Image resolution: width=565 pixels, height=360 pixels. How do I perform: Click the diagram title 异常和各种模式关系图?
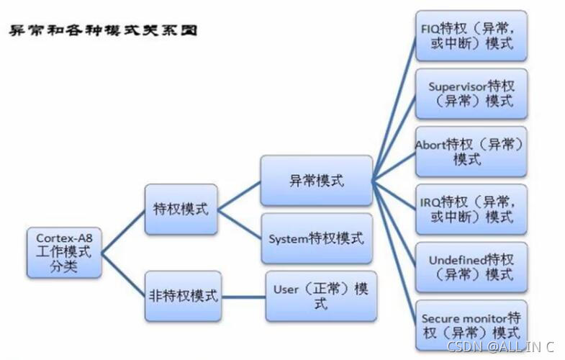[x=104, y=31]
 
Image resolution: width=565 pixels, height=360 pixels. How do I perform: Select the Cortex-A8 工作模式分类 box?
[x=64, y=253]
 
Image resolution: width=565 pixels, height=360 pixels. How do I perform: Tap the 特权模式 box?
[x=181, y=210]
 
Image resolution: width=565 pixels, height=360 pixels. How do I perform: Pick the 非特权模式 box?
[x=181, y=296]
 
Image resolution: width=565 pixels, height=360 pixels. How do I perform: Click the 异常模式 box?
[x=316, y=181]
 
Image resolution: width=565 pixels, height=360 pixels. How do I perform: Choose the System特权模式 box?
[x=316, y=238]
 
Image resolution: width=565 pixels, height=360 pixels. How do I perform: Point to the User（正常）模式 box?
[x=321, y=296]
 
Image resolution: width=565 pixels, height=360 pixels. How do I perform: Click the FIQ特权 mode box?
[x=471, y=35]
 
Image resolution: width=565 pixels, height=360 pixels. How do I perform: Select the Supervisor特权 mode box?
[x=471, y=94]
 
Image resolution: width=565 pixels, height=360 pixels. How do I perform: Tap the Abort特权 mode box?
[x=471, y=151]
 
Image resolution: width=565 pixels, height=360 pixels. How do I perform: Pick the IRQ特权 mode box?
[x=471, y=209]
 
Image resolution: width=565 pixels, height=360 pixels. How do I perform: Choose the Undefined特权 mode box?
[x=471, y=267]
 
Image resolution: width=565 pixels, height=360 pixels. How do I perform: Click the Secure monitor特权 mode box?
[x=471, y=325]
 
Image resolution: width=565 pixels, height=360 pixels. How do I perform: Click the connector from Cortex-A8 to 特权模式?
[x=123, y=231]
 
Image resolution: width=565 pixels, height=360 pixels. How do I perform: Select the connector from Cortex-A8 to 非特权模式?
[x=123, y=274]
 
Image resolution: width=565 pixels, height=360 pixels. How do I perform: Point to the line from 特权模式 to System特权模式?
[x=239, y=224]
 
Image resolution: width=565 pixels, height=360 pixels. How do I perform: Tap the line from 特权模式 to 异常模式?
[x=239, y=195]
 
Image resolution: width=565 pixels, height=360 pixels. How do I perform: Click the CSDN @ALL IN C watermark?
[x=501, y=347]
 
